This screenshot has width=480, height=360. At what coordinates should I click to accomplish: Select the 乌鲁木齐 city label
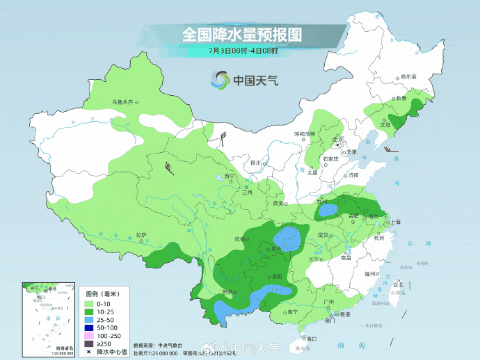(122, 102)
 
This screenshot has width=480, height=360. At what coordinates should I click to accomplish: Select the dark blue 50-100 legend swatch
(90, 327)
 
